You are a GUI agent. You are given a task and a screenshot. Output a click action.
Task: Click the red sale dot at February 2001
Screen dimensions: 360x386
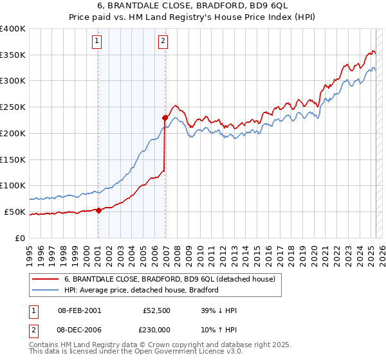(98, 210)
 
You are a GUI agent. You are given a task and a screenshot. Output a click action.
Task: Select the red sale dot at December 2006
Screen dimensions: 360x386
(165, 118)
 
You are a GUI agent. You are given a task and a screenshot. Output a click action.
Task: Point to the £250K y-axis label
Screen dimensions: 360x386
(13, 107)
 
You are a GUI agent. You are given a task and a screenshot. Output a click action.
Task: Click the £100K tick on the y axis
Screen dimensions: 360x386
(13, 186)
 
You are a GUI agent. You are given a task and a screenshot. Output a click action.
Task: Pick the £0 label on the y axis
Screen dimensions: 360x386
(21, 238)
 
